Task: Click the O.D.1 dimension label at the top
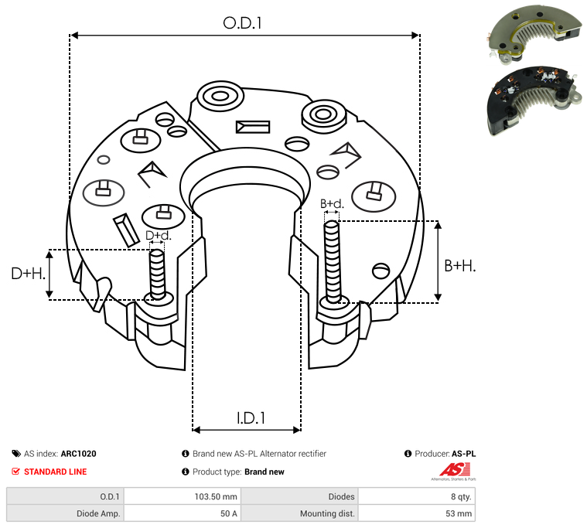tap(242, 23)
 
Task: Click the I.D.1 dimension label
tap(251, 418)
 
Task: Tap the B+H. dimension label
tap(459, 266)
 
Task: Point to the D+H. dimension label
tap(29, 274)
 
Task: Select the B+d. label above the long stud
tap(332, 203)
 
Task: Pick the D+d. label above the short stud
tap(158, 235)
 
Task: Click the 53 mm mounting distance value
tap(459, 513)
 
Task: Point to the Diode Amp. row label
tap(98, 513)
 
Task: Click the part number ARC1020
tap(79, 454)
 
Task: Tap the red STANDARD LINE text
tap(56, 472)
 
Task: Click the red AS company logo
tap(455, 471)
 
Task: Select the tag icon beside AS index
tap(16, 454)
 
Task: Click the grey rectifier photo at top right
tap(534, 35)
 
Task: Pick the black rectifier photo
tap(534, 100)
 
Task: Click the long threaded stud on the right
tap(333, 262)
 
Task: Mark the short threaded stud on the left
tap(157, 274)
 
